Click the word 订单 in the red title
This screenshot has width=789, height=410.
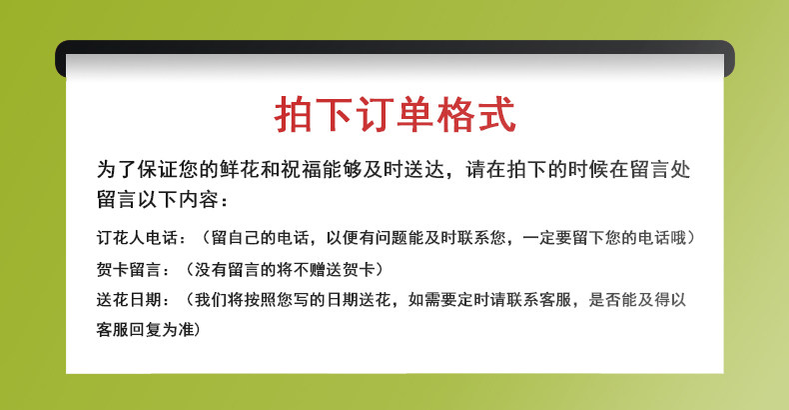(395, 115)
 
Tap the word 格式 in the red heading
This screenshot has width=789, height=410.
(476, 115)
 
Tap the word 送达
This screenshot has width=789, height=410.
(424, 169)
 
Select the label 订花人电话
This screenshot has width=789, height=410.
(138, 238)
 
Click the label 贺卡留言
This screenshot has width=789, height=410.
(129, 269)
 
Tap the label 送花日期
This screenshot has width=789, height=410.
(129, 300)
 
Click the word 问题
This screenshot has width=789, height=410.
(391, 238)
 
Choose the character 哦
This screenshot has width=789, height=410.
(678, 238)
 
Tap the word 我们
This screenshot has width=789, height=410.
(211, 300)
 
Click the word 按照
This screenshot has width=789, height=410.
(260, 300)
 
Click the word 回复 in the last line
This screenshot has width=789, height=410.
(146, 330)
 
